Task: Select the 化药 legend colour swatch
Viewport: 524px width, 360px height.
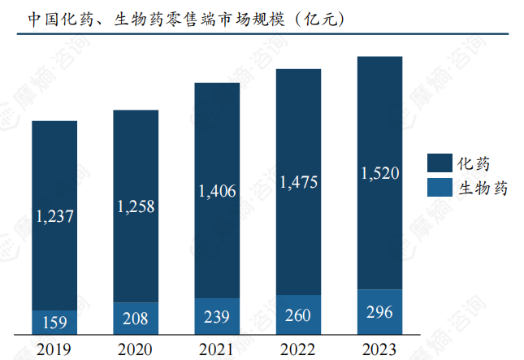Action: [x=440, y=163]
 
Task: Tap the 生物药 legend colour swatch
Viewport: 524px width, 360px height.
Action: [x=440, y=188]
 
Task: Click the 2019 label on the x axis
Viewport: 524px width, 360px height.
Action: [x=54, y=349]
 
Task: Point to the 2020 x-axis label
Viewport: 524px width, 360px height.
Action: [x=136, y=349]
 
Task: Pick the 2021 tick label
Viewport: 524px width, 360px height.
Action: [x=217, y=349]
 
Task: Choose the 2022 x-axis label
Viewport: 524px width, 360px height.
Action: [x=298, y=349]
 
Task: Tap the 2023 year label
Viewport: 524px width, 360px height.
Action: [x=379, y=349]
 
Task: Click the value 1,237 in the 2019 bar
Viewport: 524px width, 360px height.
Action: [x=54, y=215]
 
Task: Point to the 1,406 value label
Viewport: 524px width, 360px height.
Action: [x=217, y=192]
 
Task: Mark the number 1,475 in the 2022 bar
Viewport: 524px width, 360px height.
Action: [x=298, y=182]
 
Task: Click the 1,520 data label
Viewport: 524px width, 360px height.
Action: [x=379, y=173]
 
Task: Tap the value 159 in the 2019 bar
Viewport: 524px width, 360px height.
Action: [x=54, y=323]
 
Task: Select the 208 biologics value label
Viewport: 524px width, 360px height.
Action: [x=136, y=319]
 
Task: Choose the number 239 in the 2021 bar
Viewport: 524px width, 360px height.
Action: [x=217, y=316]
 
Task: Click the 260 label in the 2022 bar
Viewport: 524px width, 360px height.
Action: [x=298, y=314]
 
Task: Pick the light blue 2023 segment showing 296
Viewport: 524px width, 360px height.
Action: [x=379, y=311]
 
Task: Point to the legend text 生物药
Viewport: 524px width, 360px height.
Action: [x=483, y=189]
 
